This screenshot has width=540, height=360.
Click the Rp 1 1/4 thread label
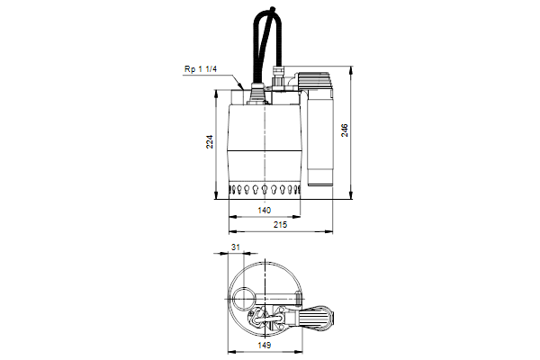click(x=201, y=69)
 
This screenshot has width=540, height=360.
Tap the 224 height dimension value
click(x=210, y=141)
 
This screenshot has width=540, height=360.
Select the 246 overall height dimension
click(x=345, y=130)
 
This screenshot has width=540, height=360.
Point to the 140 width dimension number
click(x=264, y=210)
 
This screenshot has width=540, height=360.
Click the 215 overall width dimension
click(x=280, y=225)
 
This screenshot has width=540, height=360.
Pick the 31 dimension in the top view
click(x=236, y=247)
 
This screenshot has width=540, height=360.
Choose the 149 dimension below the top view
click(x=265, y=345)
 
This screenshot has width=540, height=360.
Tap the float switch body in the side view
click(x=320, y=138)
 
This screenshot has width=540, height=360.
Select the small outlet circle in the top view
click(x=243, y=300)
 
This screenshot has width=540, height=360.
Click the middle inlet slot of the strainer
click(x=265, y=190)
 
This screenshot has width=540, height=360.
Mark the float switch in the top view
click(x=319, y=316)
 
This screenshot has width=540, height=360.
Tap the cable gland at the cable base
click(x=256, y=93)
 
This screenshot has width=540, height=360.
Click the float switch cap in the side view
click(x=314, y=81)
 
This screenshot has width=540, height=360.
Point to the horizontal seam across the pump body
click(x=264, y=150)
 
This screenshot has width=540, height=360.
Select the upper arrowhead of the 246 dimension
click(x=351, y=70)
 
